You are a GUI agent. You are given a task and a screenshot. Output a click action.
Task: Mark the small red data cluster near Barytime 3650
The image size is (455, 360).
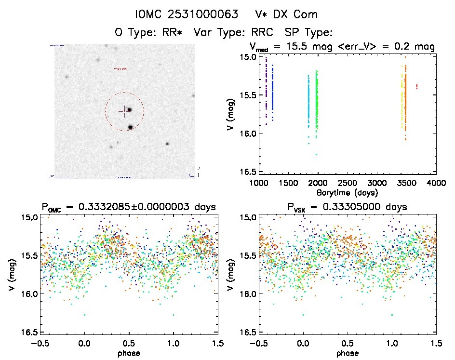[417, 87]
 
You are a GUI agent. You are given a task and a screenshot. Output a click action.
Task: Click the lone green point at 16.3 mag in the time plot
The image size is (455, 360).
[316, 154]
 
